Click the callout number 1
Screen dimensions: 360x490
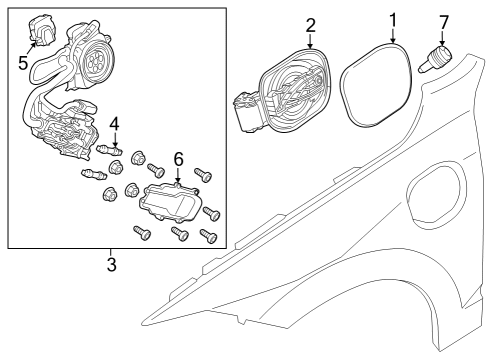pos(393,18)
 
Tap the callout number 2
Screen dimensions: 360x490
pos(311,24)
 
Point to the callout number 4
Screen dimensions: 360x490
pos(115,124)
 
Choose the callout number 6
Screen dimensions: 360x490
pos(179,159)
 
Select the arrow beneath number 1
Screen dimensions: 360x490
pos(393,37)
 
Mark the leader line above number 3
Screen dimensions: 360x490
pos(111,252)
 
